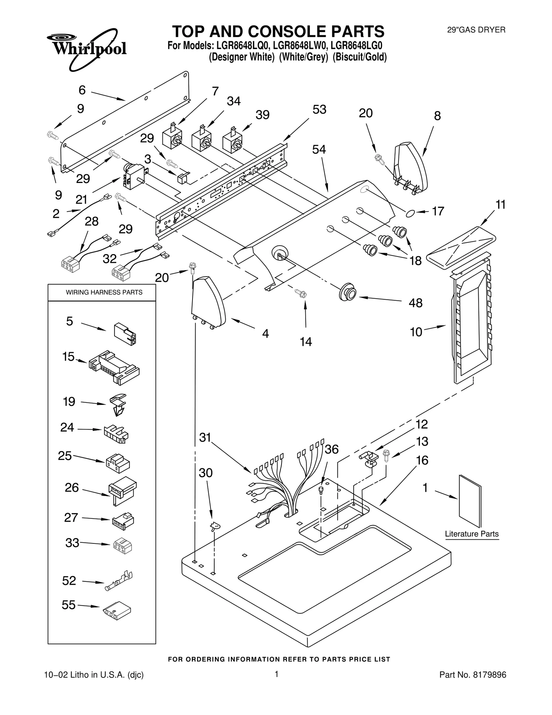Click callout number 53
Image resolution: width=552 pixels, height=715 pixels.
tap(319, 109)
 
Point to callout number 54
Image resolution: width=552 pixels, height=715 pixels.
tap(319, 149)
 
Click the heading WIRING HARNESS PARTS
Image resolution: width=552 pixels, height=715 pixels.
tap(104, 292)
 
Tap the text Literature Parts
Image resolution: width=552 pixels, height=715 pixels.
tap(471, 534)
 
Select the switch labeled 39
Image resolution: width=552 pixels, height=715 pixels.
tap(232, 142)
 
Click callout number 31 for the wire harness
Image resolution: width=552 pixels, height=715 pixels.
tap(205, 437)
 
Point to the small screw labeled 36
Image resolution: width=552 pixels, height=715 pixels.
tap(321, 490)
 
